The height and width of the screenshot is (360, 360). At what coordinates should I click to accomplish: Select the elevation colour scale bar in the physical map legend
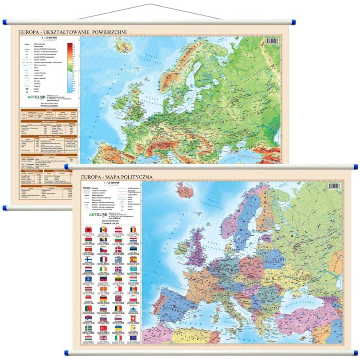click(x=70, y=67)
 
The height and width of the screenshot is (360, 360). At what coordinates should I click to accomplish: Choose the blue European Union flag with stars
click(x=133, y=338)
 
